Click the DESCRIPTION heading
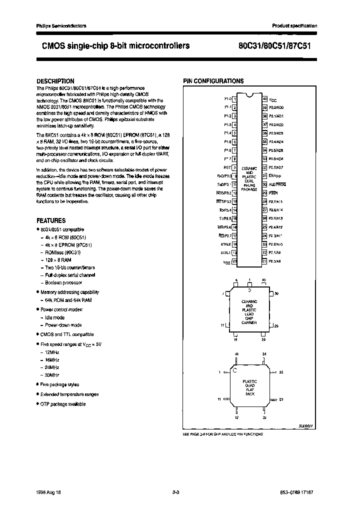click(x=55, y=81)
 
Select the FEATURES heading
click(x=51, y=220)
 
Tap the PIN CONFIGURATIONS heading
click(x=213, y=81)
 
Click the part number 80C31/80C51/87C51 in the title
click(x=276, y=45)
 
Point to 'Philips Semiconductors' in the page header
click(x=61, y=25)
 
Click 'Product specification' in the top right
click(x=294, y=25)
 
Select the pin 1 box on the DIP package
click(x=234, y=99)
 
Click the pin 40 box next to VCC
click(x=264, y=99)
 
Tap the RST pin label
click(x=226, y=168)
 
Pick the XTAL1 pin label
click(x=225, y=253)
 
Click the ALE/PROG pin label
click(x=278, y=184)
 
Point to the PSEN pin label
click(x=273, y=193)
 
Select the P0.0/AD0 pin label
click(x=276, y=107)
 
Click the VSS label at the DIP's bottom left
click(x=226, y=261)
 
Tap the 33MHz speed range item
click(x=51, y=374)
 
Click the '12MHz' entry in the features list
click(x=51, y=352)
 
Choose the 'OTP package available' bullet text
click(x=63, y=403)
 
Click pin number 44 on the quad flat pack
click(x=236, y=354)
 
